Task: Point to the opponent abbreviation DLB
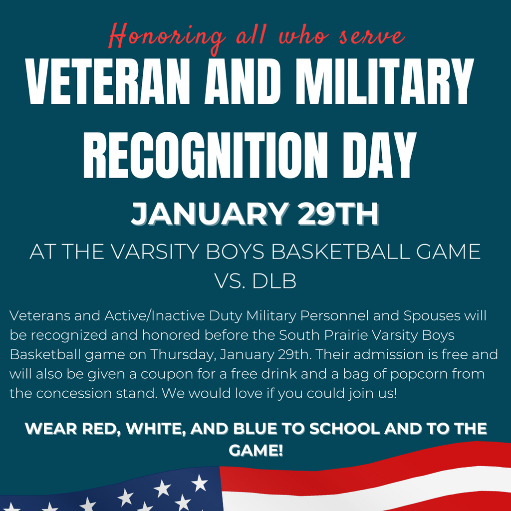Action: tap(274, 282)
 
